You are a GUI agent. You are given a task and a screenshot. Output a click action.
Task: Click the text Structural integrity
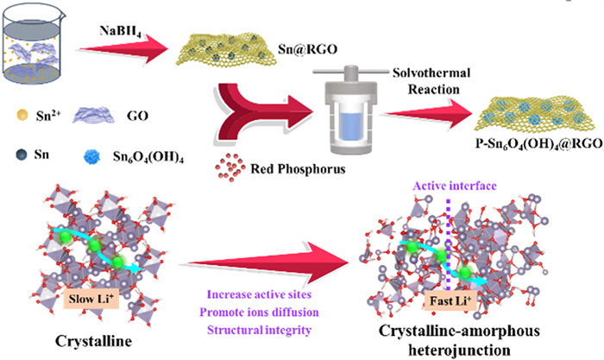click(252, 329)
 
